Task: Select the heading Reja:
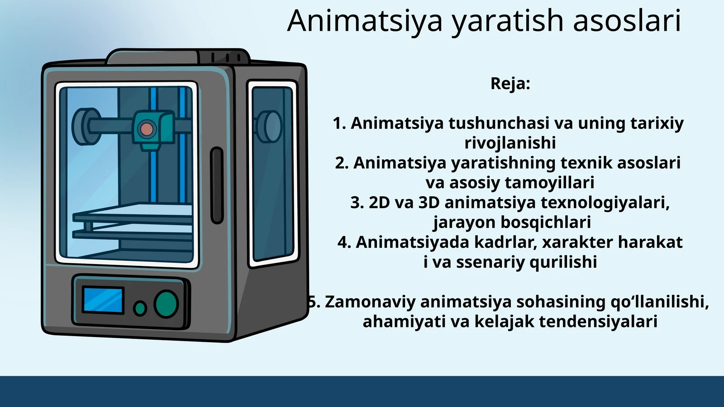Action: [x=510, y=84]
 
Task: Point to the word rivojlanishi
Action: [x=510, y=143]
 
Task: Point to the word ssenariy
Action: [x=490, y=262]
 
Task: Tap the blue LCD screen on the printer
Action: [x=103, y=300]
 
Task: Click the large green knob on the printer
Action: [x=166, y=303]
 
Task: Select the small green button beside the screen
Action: [x=140, y=308]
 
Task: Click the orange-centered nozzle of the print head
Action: [x=146, y=129]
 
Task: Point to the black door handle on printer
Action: [x=217, y=185]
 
